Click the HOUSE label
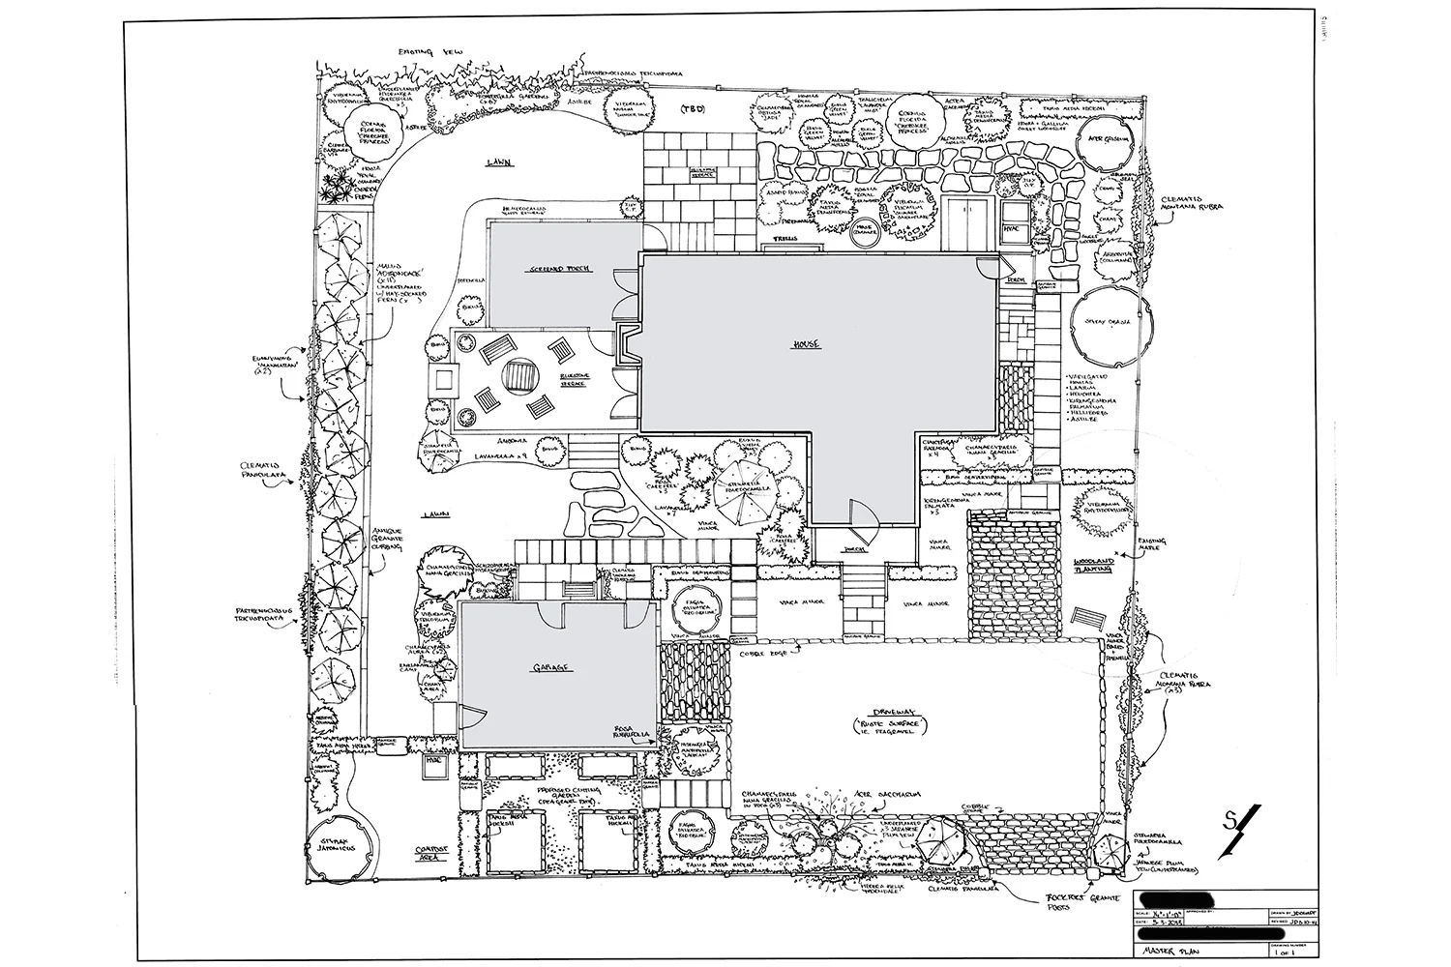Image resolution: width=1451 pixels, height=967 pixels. click(x=805, y=345)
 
